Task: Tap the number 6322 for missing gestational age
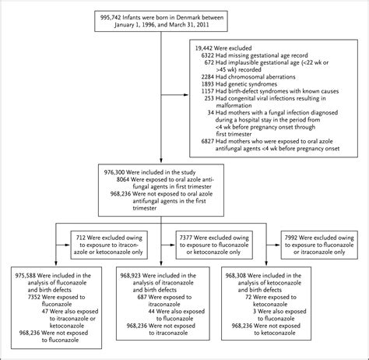[x=216, y=57]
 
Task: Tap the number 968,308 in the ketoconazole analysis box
[x=241, y=274]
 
